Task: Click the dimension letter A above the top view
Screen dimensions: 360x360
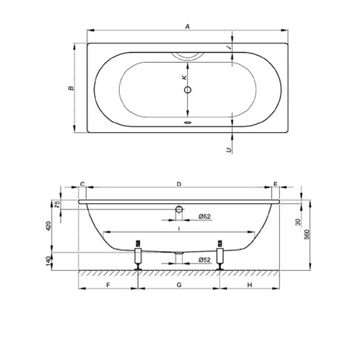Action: coord(188,27)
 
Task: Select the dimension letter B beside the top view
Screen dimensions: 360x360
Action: coord(71,88)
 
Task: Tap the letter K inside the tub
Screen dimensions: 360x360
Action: coord(184,78)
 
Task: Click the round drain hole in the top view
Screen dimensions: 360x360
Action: coord(188,90)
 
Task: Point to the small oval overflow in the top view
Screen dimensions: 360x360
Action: coord(188,122)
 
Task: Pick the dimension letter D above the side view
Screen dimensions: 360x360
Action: coord(179,184)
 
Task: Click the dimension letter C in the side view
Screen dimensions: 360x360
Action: coord(82,184)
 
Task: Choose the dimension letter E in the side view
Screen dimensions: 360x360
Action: coord(276,184)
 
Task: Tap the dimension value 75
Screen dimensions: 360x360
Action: coord(58,204)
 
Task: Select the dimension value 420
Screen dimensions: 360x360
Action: coord(49,226)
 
